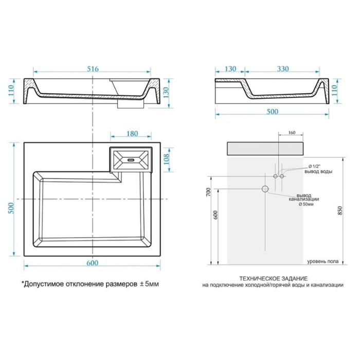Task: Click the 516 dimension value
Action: pos(93,68)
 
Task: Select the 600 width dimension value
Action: pos(92,263)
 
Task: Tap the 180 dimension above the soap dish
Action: pos(132,134)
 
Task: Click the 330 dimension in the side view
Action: pos(283,68)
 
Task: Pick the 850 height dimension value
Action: pos(340,210)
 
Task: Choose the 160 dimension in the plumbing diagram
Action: pos(292,133)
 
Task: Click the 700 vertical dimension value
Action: pos(208,192)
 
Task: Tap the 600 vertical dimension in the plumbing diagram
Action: pos(215,215)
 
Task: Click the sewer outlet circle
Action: pos(265,189)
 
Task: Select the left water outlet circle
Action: pos(275,176)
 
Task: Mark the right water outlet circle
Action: pos(282,176)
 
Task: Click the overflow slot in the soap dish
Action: pos(131,158)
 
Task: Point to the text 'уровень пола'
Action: pos(323,261)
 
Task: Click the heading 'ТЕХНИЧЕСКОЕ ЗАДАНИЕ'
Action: pos(274,279)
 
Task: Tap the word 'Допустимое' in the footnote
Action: pos(44,284)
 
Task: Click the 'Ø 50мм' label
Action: pos(306,204)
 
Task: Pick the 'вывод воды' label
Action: pos(318,171)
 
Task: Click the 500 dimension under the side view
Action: pos(272,112)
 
